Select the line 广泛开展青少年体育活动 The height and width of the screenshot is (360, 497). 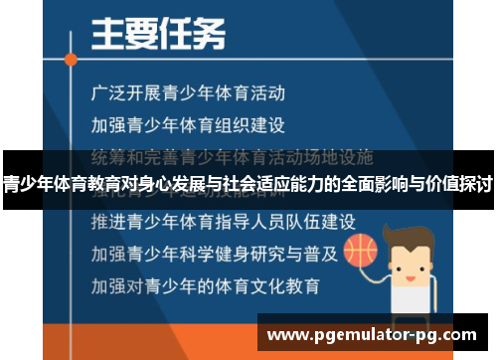(x=187, y=94)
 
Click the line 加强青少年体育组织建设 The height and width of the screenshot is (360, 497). (x=187, y=125)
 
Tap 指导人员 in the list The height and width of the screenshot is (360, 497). (x=237, y=219)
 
